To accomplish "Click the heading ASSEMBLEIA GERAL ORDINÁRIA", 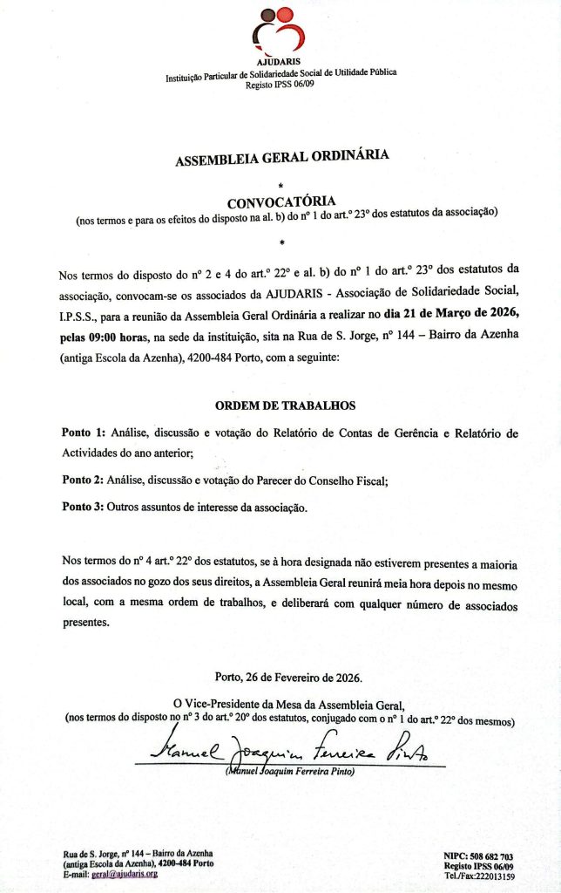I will (281, 160).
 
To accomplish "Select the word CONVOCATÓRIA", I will (280, 201).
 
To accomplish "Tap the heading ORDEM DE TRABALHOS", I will (285, 406).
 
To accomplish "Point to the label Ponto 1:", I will (84, 433).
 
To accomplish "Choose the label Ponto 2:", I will (84, 481).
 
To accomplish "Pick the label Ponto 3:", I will (84, 507).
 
